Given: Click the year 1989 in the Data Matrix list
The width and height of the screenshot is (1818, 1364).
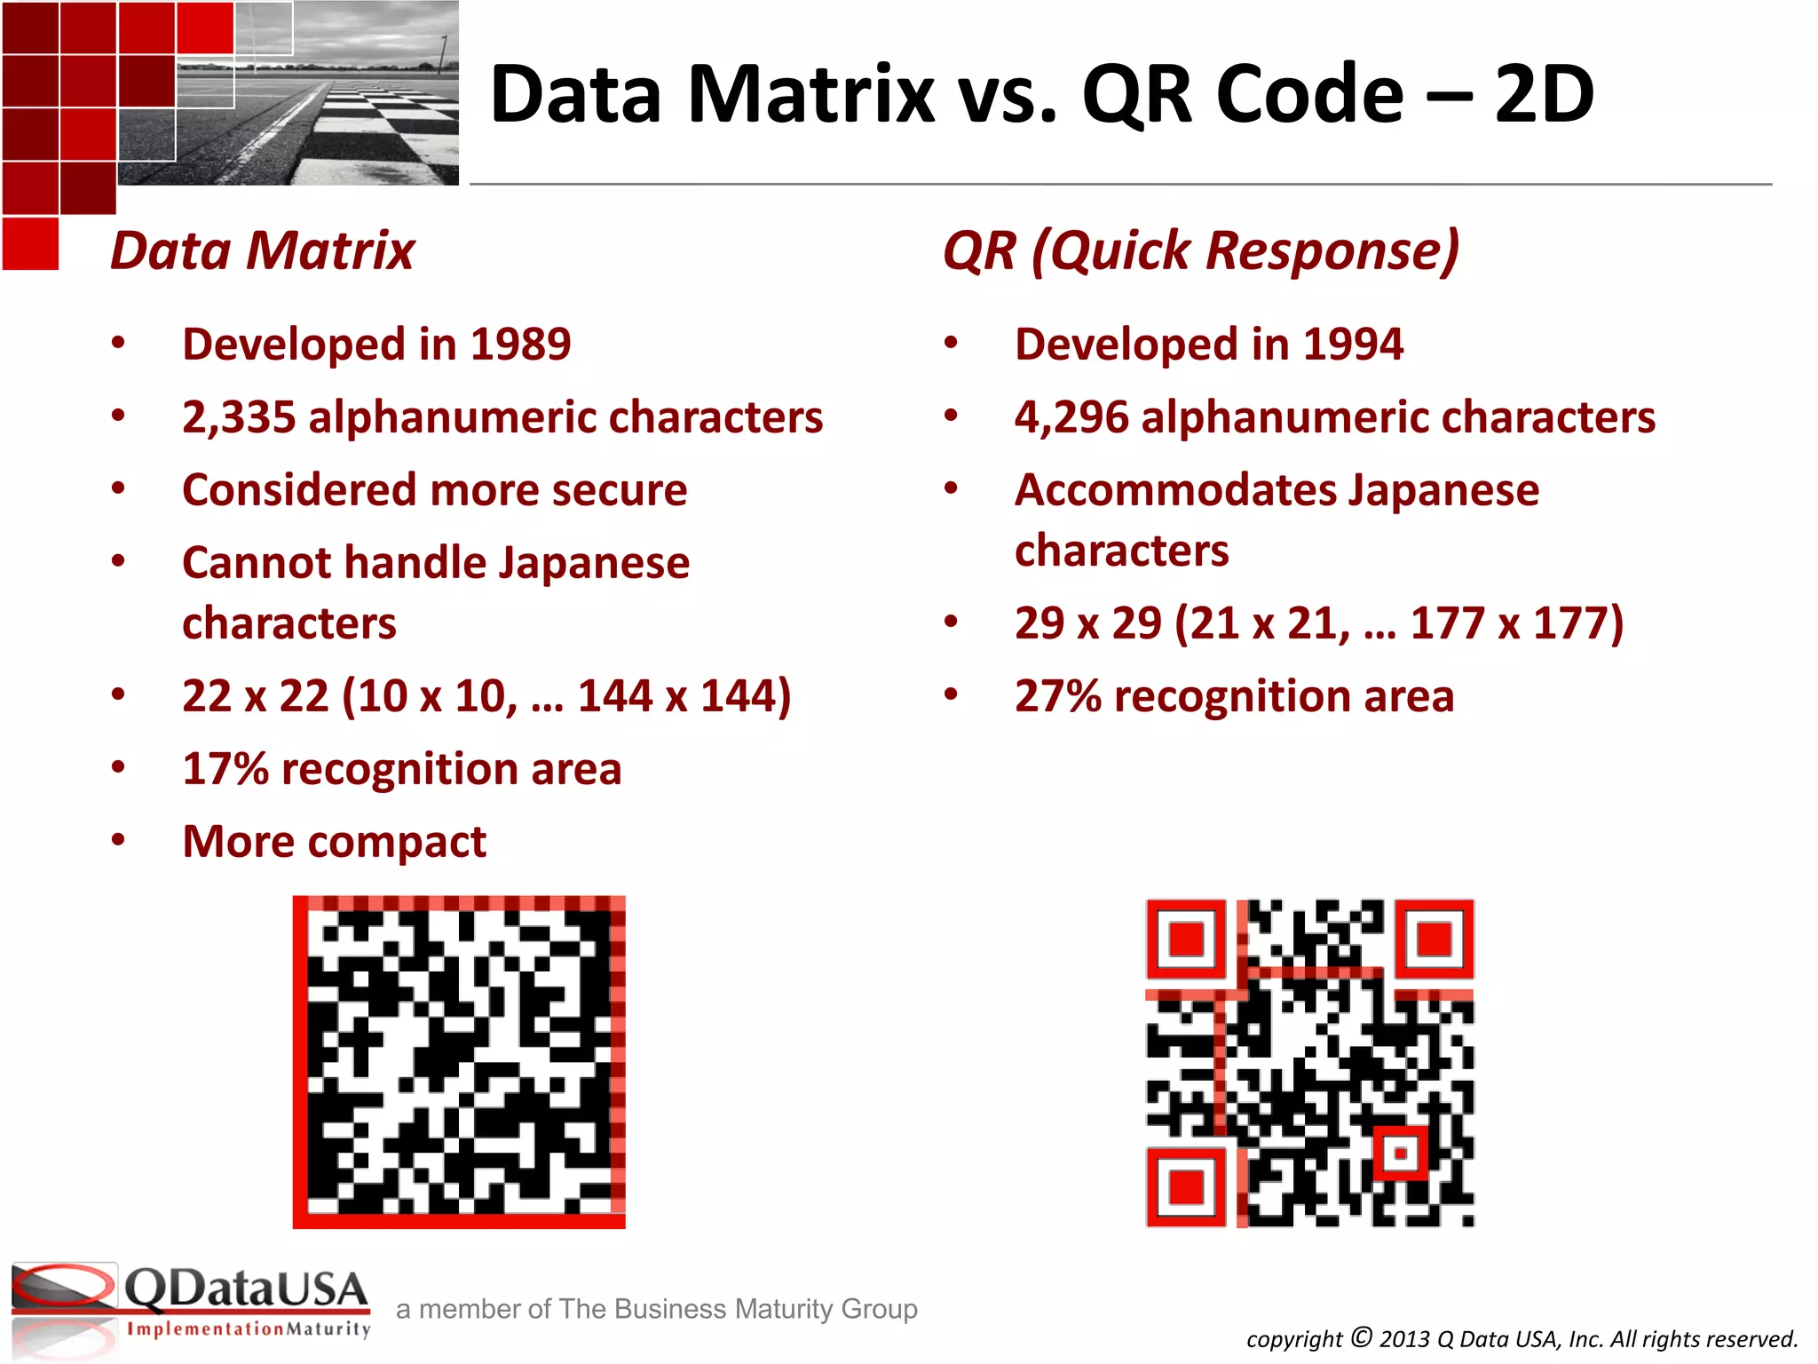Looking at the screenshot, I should pyautogui.click(x=521, y=345).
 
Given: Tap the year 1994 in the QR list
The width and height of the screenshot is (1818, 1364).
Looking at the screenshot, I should pyautogui.click(x=1354, y=345).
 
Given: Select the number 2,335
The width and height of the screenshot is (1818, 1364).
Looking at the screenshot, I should pyautogui.click(x=238, y=417).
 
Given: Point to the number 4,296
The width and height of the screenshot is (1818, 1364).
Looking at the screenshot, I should pyautogui.click(x=1071, y=417).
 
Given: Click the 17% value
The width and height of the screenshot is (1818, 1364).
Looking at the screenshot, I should pyautogui.click(x=225, y=769).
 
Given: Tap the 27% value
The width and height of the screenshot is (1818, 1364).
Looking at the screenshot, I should pyautogui.click(x=1058, y=696).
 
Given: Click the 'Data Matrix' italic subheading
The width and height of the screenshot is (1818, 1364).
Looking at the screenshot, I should pyautogui.click(x=263, y=250).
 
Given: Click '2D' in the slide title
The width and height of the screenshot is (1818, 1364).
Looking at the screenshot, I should pyautogui.click(x=1544, y=94).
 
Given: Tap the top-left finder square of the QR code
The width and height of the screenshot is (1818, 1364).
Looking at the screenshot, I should pyautogui.click(x=1186, y=939).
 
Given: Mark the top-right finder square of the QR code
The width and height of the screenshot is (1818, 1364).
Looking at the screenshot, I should pyautogui.click(x=1434, y=939).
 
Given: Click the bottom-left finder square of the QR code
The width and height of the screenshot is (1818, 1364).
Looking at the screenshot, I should pyautogui.click(x=1186, y=1186).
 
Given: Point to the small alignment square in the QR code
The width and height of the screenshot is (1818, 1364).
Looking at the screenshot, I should pyautogui.click(x=1401, y=1154).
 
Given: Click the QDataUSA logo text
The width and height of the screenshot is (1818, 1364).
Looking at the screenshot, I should pyautogui.click(x=245, y=1289).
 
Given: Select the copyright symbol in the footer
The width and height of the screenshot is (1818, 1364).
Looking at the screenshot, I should pyautogui.click(x=1362, y=1336).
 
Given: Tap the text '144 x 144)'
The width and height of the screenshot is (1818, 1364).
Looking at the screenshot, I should pyautogui.click(x=684, y=696).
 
